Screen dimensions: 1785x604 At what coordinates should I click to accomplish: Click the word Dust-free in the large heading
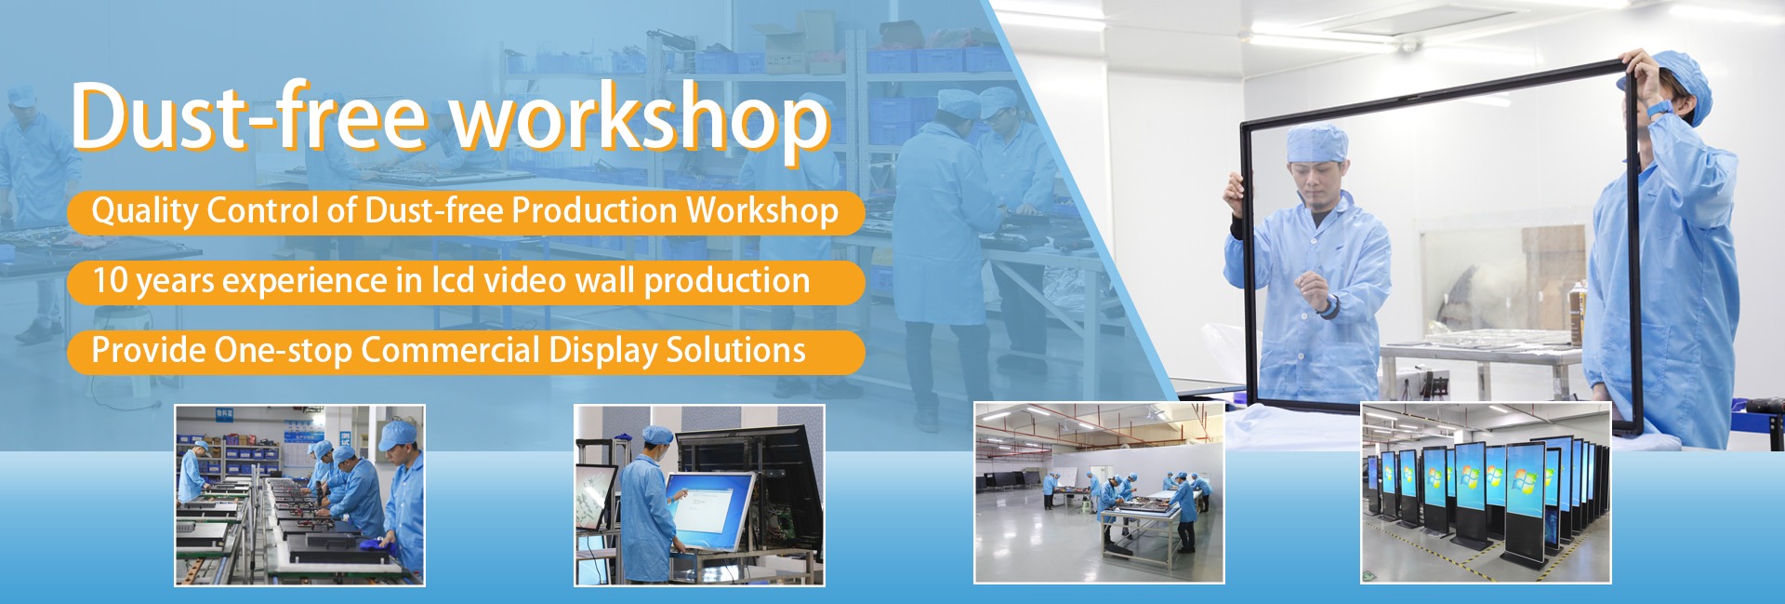coord(248,116)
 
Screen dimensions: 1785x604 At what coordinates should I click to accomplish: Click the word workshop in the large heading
coord(640,121)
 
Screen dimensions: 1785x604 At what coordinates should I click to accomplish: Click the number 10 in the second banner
coord(110,280)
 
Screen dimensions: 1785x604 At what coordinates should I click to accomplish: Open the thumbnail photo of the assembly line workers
coord(299,495)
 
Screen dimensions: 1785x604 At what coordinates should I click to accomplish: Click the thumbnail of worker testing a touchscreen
coord(699,495)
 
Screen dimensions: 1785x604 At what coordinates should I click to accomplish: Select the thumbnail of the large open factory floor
coord(1099,493)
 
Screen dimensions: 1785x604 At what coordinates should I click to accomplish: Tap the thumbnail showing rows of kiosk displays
coord(1486,493)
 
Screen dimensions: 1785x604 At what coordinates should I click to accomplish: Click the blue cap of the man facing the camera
coord(1316,141)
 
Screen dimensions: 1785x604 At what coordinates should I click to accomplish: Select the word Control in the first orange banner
coord(263,210)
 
